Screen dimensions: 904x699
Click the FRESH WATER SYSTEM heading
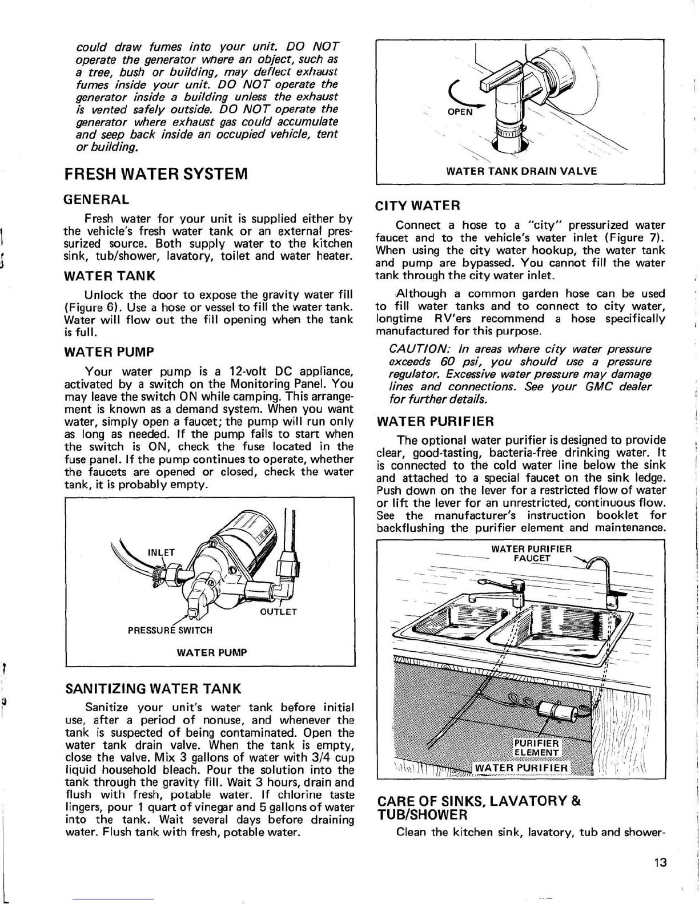pyautogui.click(x=156, y=173)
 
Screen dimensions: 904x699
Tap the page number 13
pyautogui.click(x=660, y=862)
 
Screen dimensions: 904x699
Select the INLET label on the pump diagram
pyautogui.click(x=160, y=552)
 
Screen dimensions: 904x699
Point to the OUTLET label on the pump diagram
pyautogui.click(x=278, y=612)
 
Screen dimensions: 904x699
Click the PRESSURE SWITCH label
pyautogui.click(x=170, y=630)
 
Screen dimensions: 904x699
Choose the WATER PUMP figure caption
pyautogui.click(x=211, y=652)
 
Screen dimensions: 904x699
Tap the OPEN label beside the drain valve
pyautogui.click(x=460, y=112)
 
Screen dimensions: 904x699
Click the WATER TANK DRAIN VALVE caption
pyautogui.click(x=521, y=171)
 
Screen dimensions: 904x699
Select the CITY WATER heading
pyautogui.click(x=417, y=205)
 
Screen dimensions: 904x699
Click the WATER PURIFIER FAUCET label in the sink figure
pyautogui.click(x=531, y=553)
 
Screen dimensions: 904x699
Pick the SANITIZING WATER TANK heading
pyautogui.click(x=152, y=688)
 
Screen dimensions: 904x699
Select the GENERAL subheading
pyautogui.click(x=97, y=200)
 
